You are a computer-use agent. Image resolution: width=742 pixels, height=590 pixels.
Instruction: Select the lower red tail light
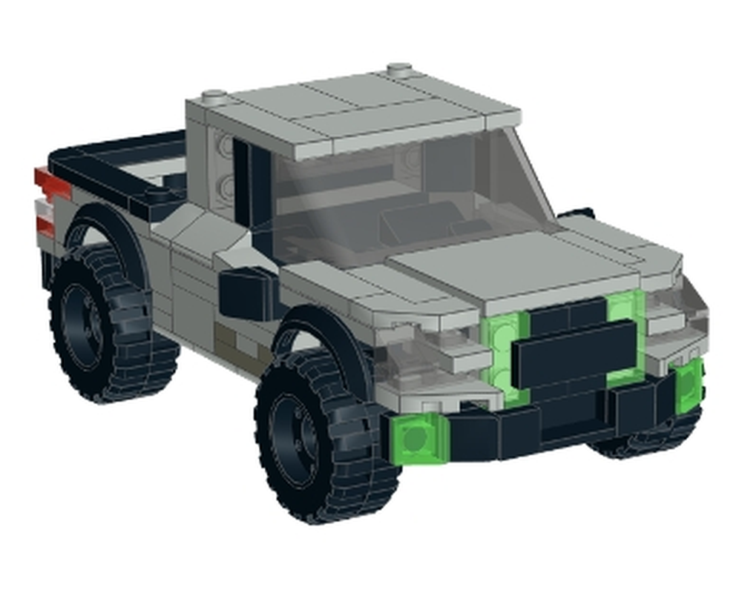pos(46,225)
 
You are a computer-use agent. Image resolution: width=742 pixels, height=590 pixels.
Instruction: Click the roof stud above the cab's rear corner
pos(214,96)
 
